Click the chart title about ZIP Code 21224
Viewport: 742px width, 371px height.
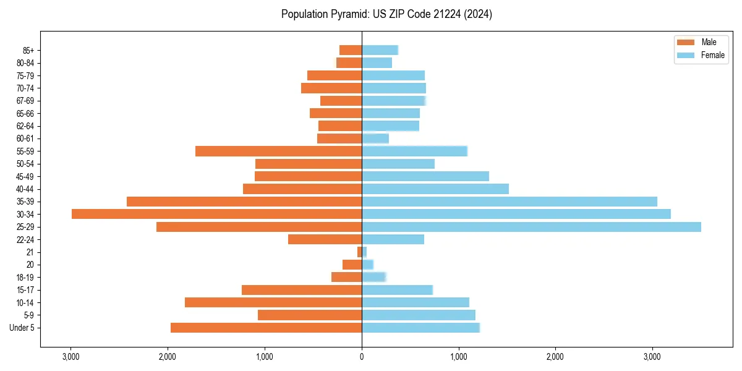(x=386, y=14)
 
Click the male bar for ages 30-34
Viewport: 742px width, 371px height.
(x=216, y=214)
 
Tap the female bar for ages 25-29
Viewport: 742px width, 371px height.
(x=531, y=227)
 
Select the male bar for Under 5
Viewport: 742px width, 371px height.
(x=266, y=328)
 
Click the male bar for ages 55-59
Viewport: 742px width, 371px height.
(x=278, y=151)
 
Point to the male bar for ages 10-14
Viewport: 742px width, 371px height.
(x=273, y=302)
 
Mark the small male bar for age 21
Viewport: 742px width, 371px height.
(x=359, y=252)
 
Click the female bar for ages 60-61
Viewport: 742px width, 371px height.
(x=375, y=139)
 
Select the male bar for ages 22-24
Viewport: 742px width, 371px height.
(x=325, y=239)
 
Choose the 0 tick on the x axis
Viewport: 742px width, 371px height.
(x=362, y=357)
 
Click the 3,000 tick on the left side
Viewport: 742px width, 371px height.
(x=71, y=357)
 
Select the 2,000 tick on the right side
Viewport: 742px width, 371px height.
(x=555, y=357)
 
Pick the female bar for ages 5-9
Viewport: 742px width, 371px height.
(x=419, y=315)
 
